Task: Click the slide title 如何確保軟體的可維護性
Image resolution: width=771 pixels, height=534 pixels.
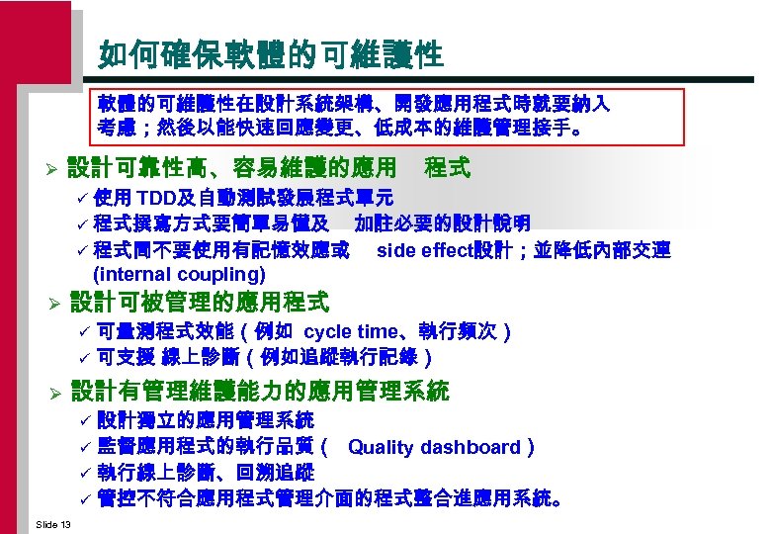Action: click(270, 54)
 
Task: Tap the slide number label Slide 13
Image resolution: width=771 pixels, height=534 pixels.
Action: click(51, 523)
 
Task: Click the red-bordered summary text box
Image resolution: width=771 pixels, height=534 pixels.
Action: click(353, 115)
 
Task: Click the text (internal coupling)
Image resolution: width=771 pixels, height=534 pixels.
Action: click(179, 273)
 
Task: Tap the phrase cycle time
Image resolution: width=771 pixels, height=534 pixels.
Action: click(348, 332)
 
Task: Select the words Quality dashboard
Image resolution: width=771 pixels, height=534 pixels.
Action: click(434, 447)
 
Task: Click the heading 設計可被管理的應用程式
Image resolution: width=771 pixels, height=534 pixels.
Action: click(199, 301)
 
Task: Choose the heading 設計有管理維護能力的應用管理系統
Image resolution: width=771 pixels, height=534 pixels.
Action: click(259, 391)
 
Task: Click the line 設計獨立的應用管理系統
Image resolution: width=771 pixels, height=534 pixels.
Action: click(205, 421)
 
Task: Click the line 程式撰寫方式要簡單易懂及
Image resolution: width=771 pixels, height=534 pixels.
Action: click(213, 222)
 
